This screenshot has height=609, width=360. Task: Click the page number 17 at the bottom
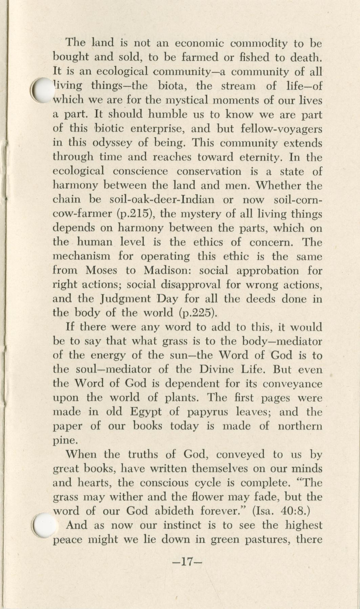187,562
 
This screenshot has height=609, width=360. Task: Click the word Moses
102,270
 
